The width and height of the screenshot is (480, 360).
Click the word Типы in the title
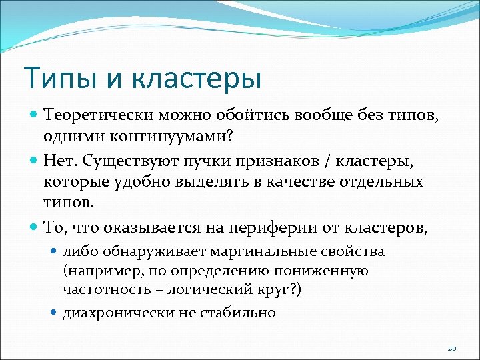click(59, 77)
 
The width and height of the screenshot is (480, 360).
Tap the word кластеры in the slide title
click(195, 77)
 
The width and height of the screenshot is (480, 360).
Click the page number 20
click(451, 348)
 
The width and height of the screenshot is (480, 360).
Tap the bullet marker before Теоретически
click(35, 115)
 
